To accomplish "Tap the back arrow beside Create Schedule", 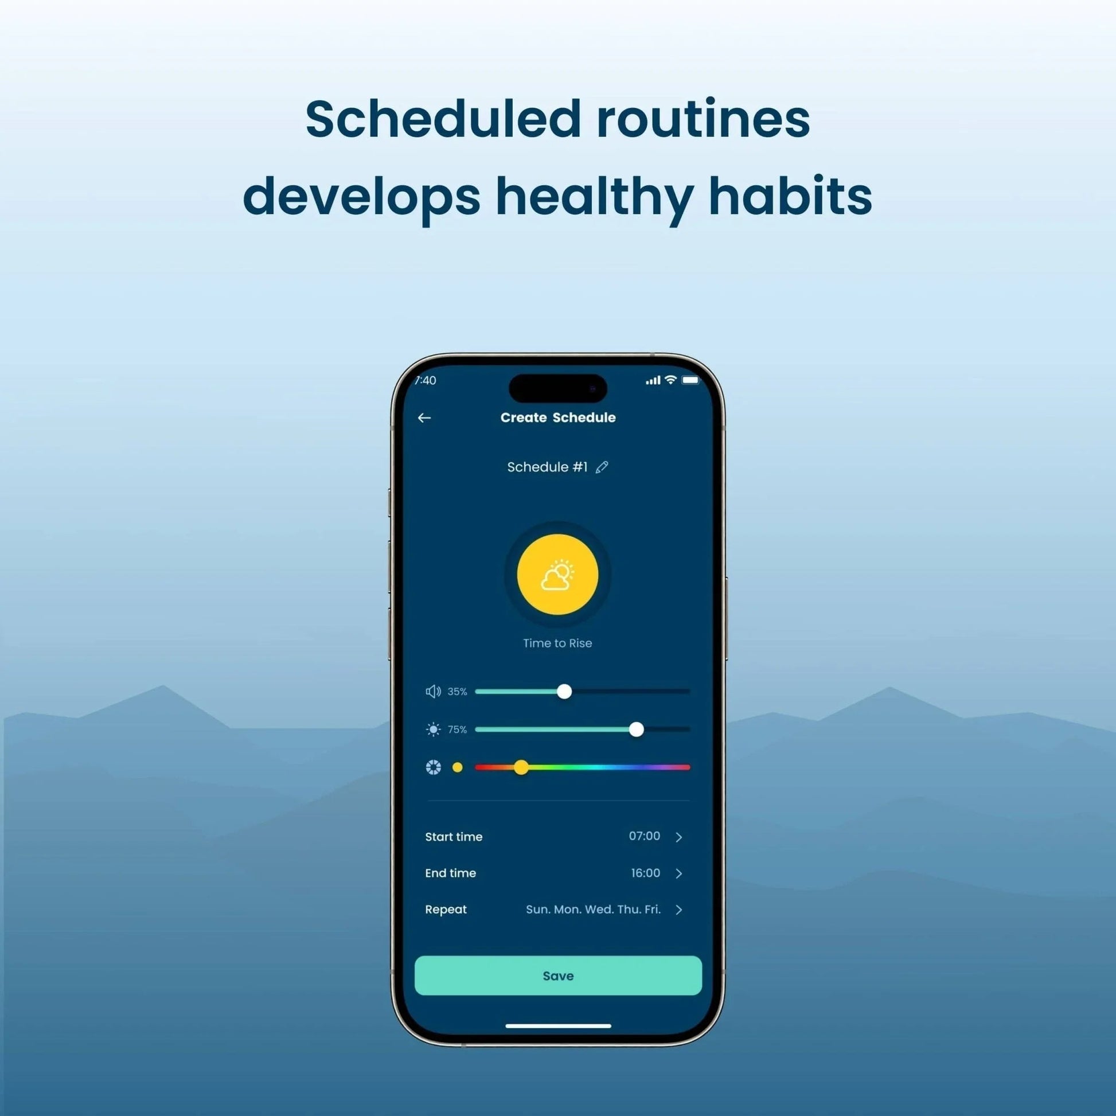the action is pyautogui.click(x=424, y=417).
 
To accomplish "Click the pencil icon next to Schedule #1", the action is pyautogui.click(x=602, y=467).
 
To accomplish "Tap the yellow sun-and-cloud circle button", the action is pyautogui.click(x=557, y=574).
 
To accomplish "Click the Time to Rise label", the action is pyautogui.click(x=557, y=643).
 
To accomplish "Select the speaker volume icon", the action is pyautogui.click(x=433, y=692).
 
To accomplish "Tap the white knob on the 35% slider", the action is pyautogui.click(x=564, y=692).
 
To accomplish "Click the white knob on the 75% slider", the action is pyautogui.click(x=636, y=729).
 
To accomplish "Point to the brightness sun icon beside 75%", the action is pyautogui.click(x=433, y=729).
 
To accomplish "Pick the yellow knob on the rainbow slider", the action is pyautogui.click(x=521, y=767).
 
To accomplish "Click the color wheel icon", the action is pyautogui.click(x=433, y=767).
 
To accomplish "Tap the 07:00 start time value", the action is pyautogui.click(x=644, y=836).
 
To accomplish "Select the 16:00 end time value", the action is pyautogui.click(x=645, y=873).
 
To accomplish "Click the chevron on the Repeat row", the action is pyautogui.click(x=679, y=910).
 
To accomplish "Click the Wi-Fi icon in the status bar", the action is pyautogui.click(x=670, y=380).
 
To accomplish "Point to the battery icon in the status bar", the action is pyautogui.click(x=691, y=380).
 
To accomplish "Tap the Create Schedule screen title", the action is pyautogui.click(x=558, y=417).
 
